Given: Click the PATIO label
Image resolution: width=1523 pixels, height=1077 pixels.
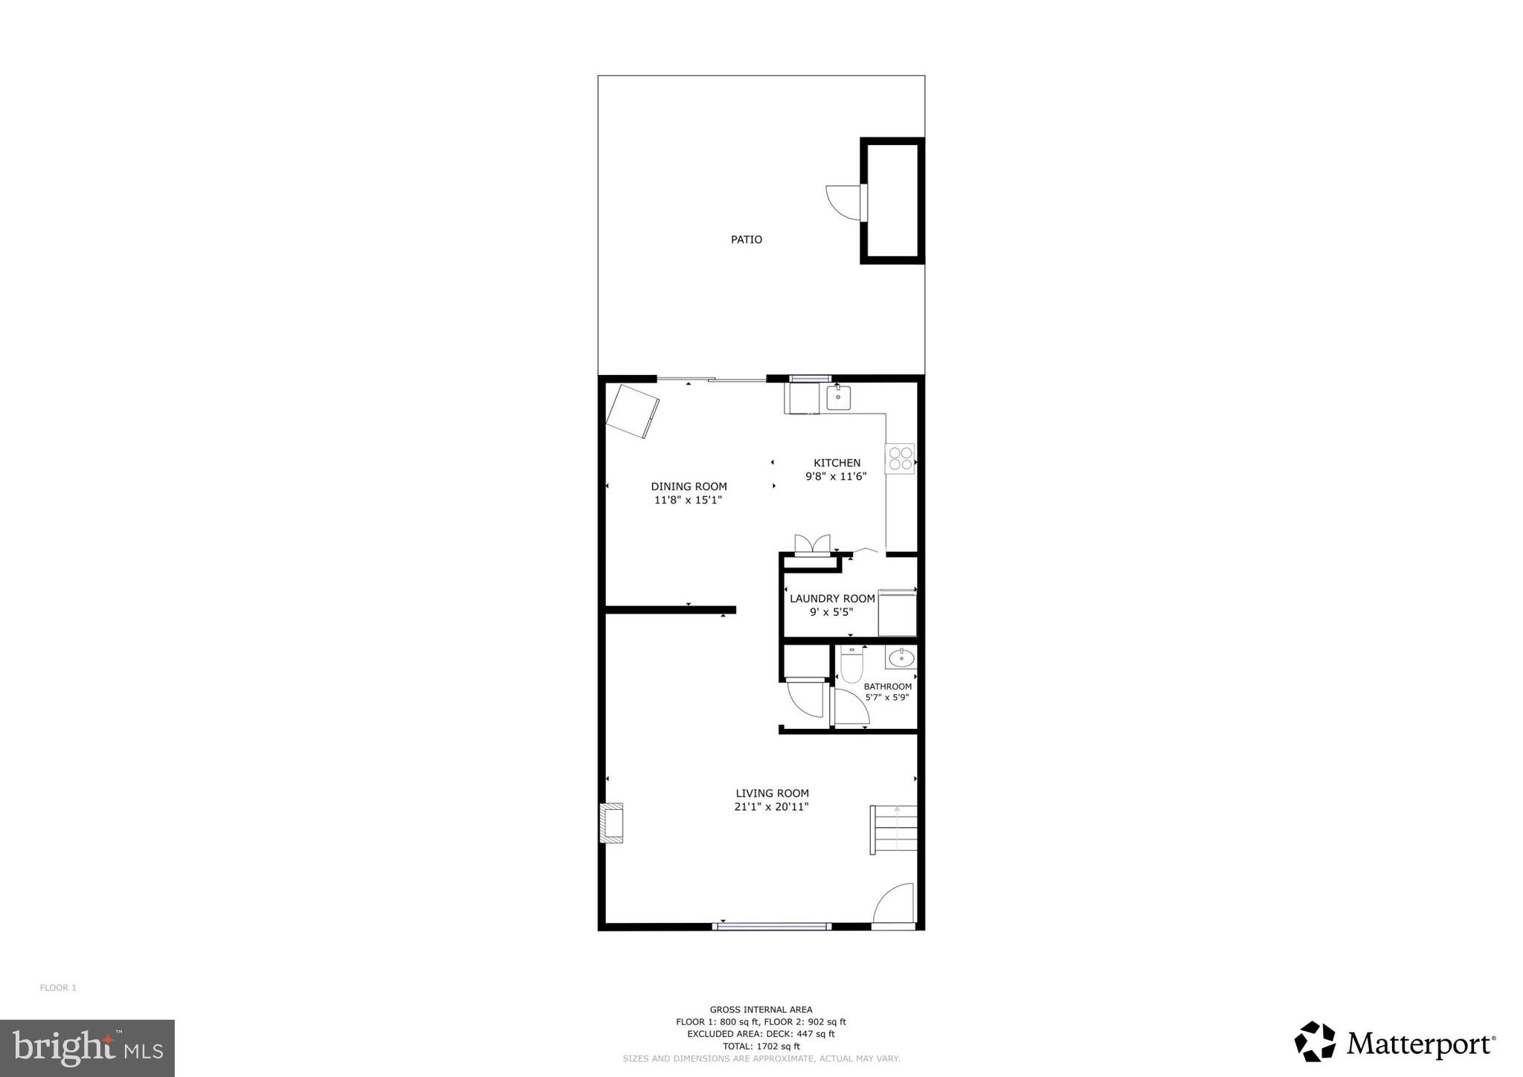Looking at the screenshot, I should click(x=746, y=239).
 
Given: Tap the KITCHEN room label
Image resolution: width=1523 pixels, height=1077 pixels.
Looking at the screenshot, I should click(x=837, y=463).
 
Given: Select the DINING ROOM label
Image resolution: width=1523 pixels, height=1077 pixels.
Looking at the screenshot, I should click(x=689, y=486).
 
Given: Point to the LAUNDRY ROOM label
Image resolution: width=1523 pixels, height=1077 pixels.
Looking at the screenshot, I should click(x=832, y=599).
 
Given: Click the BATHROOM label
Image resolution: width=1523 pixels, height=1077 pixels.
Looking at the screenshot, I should click(x=887, y=687).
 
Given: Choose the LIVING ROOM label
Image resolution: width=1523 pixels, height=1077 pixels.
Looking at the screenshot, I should click(x=772, y=794).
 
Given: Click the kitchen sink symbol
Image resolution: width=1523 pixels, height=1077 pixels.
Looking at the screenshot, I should click(x=838, y=396).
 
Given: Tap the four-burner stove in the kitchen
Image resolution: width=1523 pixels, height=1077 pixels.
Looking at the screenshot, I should click(x=900, y=458).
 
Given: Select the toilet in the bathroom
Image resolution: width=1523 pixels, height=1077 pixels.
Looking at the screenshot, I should click(x=851, y=663).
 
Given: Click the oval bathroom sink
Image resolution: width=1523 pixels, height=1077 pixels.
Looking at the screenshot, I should click(x=901, y=658).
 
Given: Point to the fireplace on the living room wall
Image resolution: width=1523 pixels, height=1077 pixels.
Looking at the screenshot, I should click(x=612, y=823).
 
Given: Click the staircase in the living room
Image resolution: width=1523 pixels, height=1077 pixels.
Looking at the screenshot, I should click(x=895, y=829).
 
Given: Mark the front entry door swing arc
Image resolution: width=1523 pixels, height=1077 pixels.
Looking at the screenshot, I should click(x=892, y=904).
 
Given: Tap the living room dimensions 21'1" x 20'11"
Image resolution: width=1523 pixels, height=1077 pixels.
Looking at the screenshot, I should click(x=771, y=807).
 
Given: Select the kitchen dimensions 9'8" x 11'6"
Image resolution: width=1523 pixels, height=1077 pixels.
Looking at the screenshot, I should click(x=836, y=477).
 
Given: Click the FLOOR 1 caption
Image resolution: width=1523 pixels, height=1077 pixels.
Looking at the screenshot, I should click(x=58, y=988).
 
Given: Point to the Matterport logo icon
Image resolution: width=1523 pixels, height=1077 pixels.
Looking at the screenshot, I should click(x=1315, y=1041).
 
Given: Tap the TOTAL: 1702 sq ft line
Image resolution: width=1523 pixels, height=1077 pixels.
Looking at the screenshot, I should click(x=761, y=1046).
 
